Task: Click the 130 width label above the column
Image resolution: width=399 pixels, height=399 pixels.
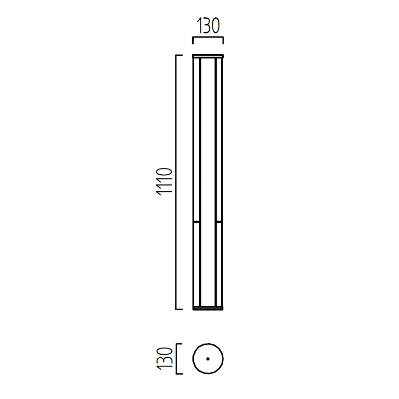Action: click(208, 26)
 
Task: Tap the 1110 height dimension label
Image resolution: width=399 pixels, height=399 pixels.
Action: click(164, 182)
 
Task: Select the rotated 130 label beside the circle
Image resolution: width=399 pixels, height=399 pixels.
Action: click(164, 359)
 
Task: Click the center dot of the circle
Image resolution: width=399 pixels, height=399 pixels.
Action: click(208, 359)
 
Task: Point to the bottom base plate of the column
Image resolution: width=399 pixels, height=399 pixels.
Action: click(208, 308)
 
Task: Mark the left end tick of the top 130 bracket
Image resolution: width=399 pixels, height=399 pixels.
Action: click(193, 41)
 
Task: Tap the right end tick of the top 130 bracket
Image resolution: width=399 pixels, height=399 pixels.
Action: click(223, 41)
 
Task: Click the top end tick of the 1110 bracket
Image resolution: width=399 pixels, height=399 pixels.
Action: click(179, 55)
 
